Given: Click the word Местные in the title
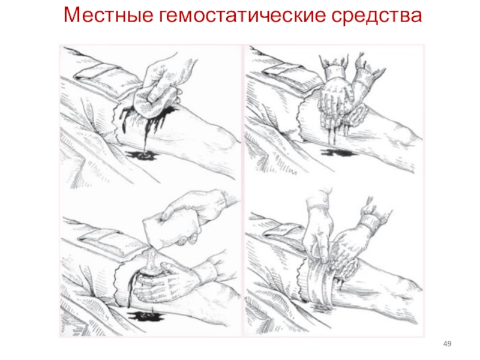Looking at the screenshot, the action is (x=109, y=15).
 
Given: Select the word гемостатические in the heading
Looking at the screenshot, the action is (x=242, y=15).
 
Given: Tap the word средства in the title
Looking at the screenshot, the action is (x=377, y=16).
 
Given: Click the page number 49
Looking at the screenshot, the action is (x=447, y=344).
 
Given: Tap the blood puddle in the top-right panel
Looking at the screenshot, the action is (x=336, y=152).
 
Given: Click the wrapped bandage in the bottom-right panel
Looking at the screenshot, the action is (x=320, y=281).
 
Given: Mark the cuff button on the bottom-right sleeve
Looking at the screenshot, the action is (x=325, y=200).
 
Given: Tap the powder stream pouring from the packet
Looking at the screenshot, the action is (x=151, y=258).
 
